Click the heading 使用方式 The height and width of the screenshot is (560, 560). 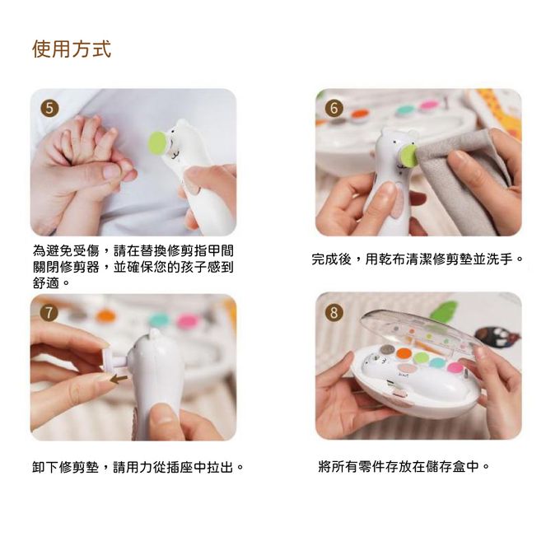pos(72,49)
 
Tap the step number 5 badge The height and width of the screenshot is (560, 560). pos(49,108)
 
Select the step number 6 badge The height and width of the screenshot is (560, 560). pos(334,108)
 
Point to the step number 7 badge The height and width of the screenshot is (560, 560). pos(49,313)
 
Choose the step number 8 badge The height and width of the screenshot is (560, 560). pos(334,312)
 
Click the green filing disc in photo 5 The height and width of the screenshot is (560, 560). pos(156,144)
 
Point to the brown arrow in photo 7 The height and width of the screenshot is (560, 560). pos(119,380)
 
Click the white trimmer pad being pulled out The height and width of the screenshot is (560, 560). pos(113,361)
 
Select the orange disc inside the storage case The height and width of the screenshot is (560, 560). pos(404,353)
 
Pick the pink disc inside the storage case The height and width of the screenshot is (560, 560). pos(455,367)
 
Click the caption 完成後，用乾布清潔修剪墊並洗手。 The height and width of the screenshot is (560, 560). pos(418,259)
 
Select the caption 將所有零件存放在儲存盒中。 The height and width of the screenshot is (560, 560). pos(404,466)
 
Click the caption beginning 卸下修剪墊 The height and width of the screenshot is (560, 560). pos(138,467)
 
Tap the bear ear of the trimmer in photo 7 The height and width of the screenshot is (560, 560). pos(154,334)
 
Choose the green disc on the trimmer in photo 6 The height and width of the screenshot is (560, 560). pos(407,155)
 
